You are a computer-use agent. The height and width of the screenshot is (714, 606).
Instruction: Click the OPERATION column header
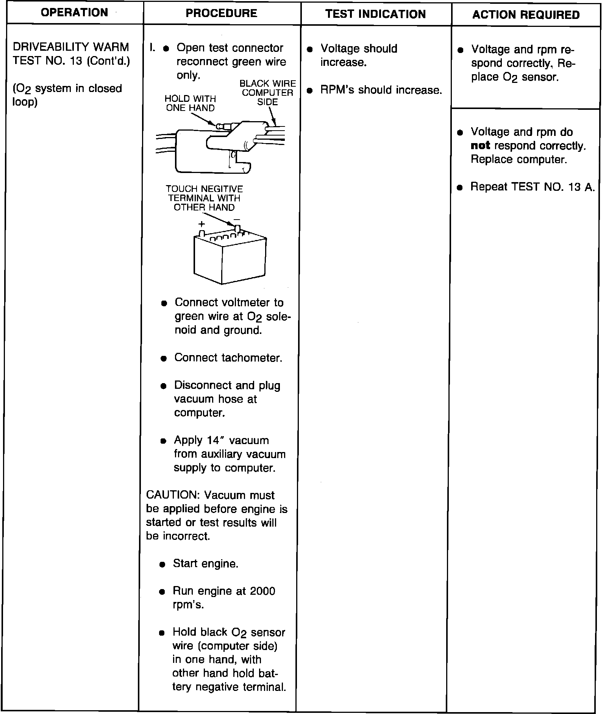(x=75, y=13)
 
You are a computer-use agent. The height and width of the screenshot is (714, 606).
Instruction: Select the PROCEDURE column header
(x=221, y=14)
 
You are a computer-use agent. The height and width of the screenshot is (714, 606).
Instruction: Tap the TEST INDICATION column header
(x=375, y=14)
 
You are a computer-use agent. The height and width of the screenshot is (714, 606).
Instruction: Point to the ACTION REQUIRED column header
(x=526, y=15)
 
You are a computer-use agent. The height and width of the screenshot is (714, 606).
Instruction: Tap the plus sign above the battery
(x=201, y=224)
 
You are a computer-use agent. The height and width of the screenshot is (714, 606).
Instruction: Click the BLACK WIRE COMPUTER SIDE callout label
(x=267, y=93)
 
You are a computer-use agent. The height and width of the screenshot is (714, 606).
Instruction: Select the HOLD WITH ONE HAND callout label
(x=190, y=103)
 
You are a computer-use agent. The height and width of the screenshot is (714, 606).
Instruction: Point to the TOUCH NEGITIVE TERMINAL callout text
(x=204, y=198)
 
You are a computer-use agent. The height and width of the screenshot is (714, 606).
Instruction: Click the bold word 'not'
(x=480, y=146)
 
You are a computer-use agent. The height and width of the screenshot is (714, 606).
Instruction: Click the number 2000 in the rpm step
(x=262, y=591)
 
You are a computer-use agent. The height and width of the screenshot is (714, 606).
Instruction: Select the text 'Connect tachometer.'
(x=228, y=358)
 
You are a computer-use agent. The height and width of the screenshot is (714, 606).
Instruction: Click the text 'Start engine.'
(x=206, y=564)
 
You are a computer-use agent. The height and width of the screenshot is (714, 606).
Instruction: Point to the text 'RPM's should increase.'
(x=381, y=90)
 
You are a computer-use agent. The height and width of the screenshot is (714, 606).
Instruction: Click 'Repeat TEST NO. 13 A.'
(x=532, y=187)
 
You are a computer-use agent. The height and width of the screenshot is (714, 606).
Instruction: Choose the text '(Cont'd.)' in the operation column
(x=108, y=61)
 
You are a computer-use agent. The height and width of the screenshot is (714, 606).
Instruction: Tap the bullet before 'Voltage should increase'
(x=310, y=50)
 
